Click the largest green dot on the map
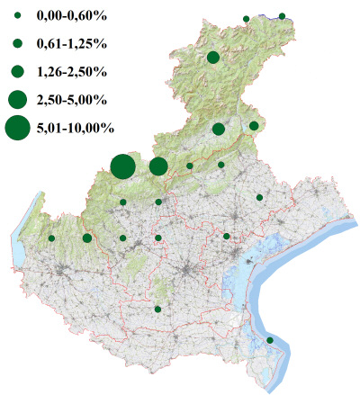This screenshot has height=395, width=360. click(x=123, y=166)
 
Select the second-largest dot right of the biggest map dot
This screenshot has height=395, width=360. click(x=158, y=166)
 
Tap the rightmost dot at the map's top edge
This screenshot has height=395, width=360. click(x=282, y=16)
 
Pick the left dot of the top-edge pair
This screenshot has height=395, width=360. click(x=246, y=18)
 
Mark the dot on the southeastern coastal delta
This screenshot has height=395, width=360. click(x=270, y=340)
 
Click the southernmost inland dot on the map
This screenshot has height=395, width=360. click(x=157, y=310)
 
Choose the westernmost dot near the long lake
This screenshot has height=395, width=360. click(x=51, y=238)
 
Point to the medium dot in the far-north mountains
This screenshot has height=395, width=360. click(x=213, y=58)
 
